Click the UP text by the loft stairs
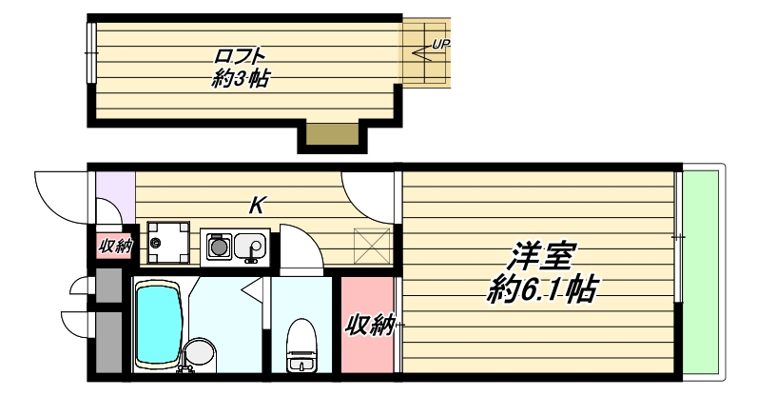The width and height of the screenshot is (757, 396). (440, 45)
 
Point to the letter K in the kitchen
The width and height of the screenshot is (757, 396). (256, 204)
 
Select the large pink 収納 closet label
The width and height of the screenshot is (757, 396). (369, 326)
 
